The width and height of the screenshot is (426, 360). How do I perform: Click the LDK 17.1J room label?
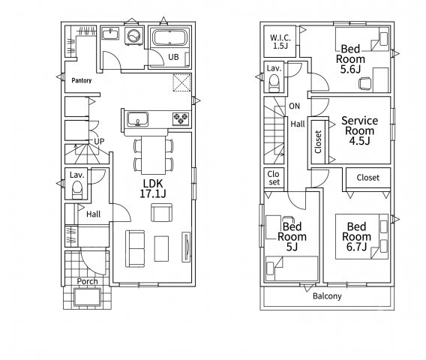[x=153, y=188]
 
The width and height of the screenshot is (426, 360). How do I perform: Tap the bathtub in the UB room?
[x=169, y=38]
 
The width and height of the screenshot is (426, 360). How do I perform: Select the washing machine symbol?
[x=133, y=35]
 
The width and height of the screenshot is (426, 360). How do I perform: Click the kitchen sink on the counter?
[x=138, y=119]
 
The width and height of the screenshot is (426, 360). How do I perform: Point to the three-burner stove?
[x=181, y=118]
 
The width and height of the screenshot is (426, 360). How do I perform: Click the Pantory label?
[x=82, y=80]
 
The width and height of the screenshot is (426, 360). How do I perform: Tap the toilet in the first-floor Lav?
[x=77, y=190]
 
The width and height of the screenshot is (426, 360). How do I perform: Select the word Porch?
[x=87, y=281]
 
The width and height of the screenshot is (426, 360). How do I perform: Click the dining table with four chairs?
[x=153, y=155]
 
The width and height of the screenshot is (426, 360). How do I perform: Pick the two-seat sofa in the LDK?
[x=135, y=248]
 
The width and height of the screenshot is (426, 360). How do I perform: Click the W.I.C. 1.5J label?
[x=280, y=41]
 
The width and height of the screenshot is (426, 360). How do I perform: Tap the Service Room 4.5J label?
[x=359, y=130]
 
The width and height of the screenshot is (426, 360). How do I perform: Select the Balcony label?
[x=327, y=296]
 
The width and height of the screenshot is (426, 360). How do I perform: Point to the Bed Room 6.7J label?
[x=356, y=237]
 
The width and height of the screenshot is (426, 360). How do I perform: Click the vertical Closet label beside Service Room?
[x=318, y=142]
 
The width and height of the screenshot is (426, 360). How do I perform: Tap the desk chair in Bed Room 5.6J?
[x=364, y=83]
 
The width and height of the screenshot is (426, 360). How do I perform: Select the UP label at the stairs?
[x=99, y=141]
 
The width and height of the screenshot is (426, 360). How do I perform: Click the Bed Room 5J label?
[x=292, y=237]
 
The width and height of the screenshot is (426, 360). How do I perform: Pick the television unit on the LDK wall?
[x=186, y=247]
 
